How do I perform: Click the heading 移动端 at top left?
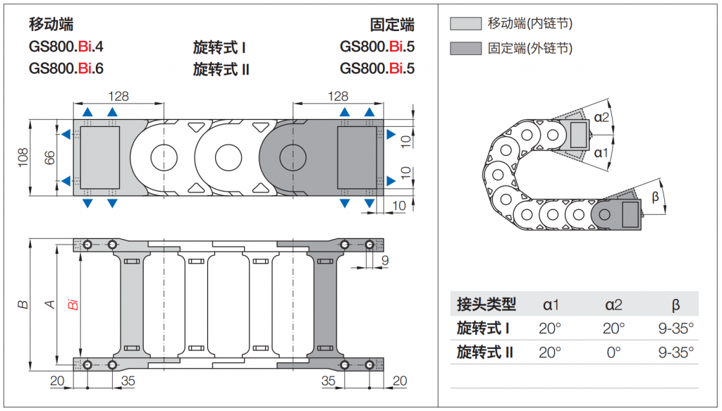click(x=51, y=24)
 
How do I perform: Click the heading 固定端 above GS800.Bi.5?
click(x=392, y=25)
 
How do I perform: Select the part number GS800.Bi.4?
click(x=66, y=47)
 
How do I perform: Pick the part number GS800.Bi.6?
click(x=66, y=68)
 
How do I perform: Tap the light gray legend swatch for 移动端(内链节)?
click(x=465, y=23)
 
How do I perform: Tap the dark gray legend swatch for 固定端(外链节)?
click(x=465, y=49)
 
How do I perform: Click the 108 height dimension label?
click(x=23, y=157)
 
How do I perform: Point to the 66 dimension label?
click(x=49, y=157)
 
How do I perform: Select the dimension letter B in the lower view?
click(x=23, y=305)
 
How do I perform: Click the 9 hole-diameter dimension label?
click(x=385, y=261)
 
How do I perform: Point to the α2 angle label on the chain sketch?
click(x=601, y=117)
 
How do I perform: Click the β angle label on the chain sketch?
click(x=655, y=197)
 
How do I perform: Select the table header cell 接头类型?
click(x=487, y=305)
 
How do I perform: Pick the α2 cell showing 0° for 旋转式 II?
click(x=613, y=352)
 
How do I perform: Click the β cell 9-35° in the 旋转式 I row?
click(x=676, y=328)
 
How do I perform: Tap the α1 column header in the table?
click(x=551, y=305)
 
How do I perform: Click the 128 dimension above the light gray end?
click(x=118, y=96)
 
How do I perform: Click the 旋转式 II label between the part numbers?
click(x=221, y=70)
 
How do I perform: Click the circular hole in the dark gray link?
click(x=293, y=157)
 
